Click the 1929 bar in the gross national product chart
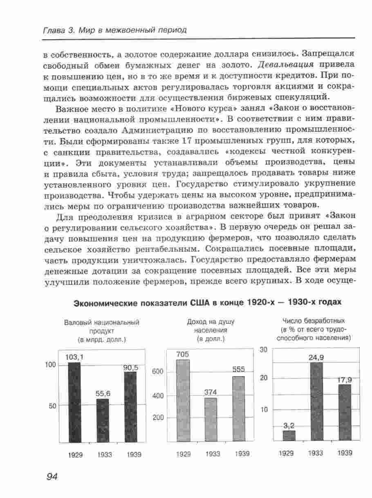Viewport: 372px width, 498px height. click(x=74, y=402)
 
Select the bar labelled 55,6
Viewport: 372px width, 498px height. click(x=103, y=421)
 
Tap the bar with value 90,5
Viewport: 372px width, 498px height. click(x=130, y=407)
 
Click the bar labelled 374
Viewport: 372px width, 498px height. click(x=211, y=419)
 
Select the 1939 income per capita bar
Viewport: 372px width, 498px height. click(x=238, y=409)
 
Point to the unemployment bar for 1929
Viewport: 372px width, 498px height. click(x=289, y=435)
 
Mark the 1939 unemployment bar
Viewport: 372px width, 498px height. click(x=345, y=413)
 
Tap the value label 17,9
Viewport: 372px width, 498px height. click(x=345, y=380)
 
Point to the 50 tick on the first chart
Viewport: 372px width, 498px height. click(x=52, y=406)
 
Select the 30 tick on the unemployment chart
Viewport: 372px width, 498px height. click(x=263, y=349)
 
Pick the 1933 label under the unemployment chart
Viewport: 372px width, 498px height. click(x=315, y=453)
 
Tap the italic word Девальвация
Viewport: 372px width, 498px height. click(x=286, y=65)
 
